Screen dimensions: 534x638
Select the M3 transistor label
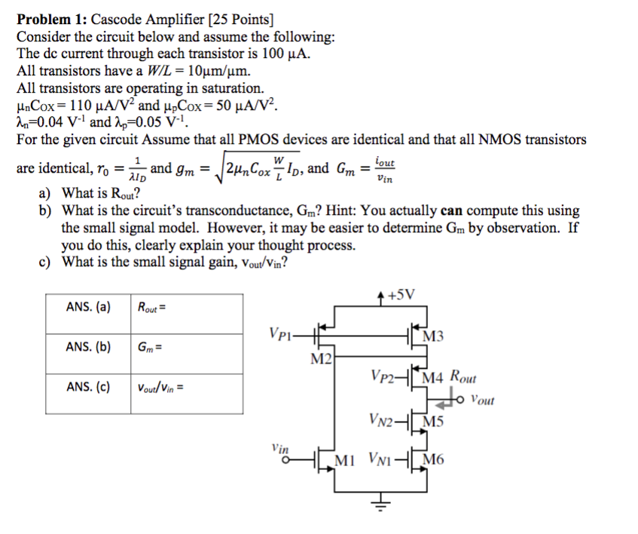pyautogui.click(x=435, y=336)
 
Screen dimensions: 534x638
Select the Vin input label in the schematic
pyautogui.click(x=279, y=447)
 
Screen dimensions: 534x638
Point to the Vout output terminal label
pyautogui.click(x=481, y=400)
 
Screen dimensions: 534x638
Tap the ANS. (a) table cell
pyautogui.click(x=87, y=307)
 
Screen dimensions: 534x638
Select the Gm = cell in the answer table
pyautogui.click(x=151, y=347)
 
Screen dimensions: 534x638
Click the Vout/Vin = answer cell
pyautogui.click(x=160, y=388)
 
